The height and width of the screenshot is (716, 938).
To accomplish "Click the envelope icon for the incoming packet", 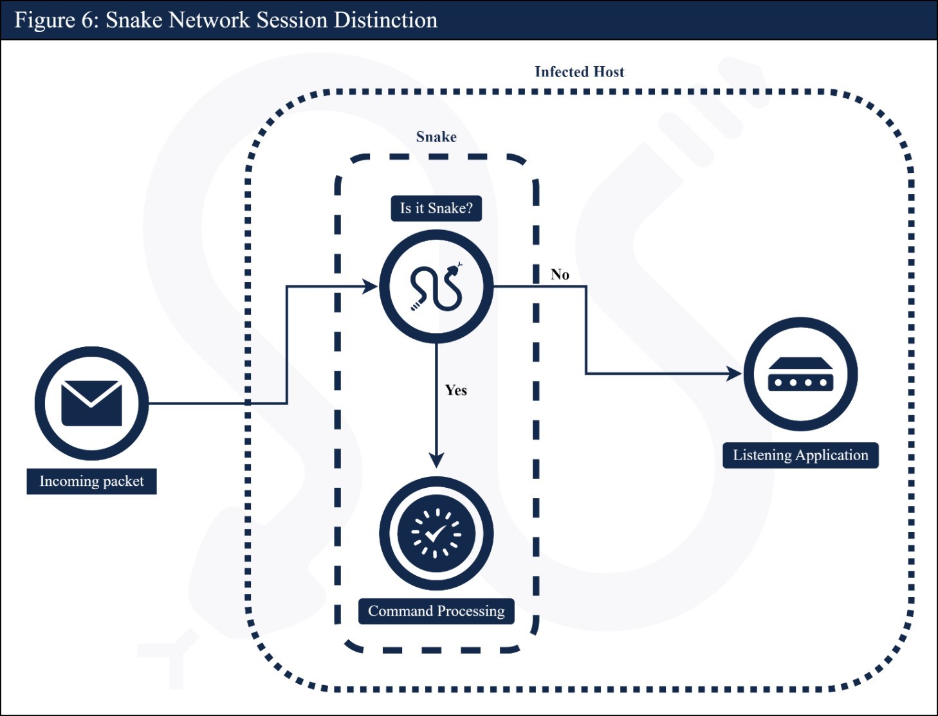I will pos(91,403).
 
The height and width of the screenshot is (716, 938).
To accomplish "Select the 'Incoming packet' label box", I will pos(91,481).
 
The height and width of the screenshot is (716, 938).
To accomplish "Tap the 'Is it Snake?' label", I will pos(436,208).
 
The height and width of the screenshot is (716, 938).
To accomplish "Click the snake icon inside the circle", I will pos(436,287).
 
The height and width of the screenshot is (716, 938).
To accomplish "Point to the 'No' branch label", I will pos(560,274).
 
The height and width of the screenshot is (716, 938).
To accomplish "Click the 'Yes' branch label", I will pos(456,390).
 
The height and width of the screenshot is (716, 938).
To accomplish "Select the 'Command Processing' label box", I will pos(436,611).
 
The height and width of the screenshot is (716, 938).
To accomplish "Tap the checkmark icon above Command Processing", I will pos(436,533).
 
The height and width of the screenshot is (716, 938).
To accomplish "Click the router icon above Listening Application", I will pos(800,374).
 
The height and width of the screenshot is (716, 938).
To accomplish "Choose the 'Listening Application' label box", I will pos(800,455).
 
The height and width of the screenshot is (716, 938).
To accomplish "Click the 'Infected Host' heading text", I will pos(579,72).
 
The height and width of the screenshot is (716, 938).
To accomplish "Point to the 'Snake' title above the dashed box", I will pos(436,137).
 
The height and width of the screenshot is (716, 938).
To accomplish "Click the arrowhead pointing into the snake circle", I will pos(371,287).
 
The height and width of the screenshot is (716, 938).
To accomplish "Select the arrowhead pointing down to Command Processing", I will pos(436,460).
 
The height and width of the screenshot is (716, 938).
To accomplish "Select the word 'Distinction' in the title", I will pos(385,20).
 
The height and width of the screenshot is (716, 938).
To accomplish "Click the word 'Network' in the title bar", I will pos(209,20).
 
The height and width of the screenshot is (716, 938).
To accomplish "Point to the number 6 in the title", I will pos(87,20).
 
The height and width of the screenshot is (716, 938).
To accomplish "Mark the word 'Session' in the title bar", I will pos(292,20).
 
